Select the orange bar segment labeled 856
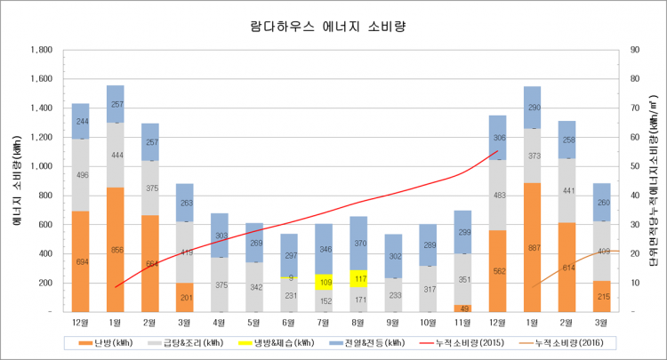point(115,249)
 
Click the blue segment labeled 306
point(497,138)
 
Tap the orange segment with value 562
point(497,271)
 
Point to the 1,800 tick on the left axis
point(40,50)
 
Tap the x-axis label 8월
point(358,321)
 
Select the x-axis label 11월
point(462,321)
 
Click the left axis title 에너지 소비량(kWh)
point(17,178)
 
